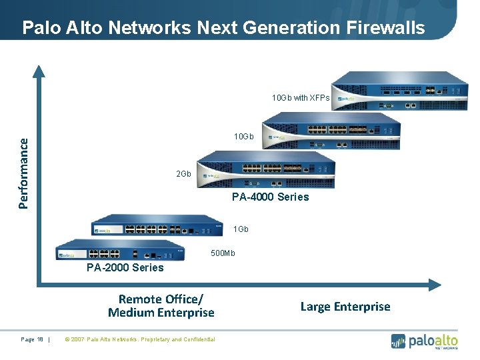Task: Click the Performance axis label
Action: point(24,173)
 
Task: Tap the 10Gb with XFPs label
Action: point(300,98)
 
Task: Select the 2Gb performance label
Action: point(183,174)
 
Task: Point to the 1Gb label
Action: point(241,229)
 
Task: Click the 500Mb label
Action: point(223,253)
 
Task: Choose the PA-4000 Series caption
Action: point(270,197)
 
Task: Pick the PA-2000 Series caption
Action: point(125,267)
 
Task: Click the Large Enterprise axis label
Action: point(345,307)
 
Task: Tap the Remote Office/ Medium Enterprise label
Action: point(161,306)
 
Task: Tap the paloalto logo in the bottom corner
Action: point(424,341)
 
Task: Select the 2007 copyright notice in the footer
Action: point(139,339)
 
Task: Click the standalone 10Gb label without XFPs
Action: point(243,137)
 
